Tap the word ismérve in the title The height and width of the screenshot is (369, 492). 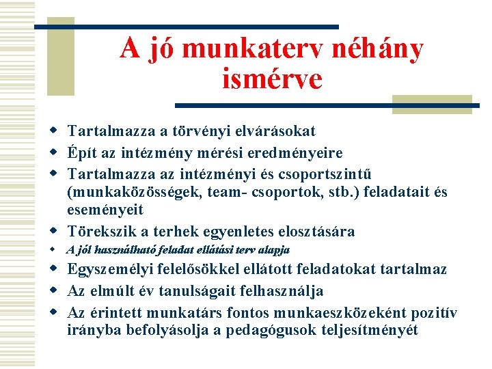[272, 79]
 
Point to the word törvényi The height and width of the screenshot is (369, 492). [204, 131]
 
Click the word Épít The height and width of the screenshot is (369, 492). [81, 152]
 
